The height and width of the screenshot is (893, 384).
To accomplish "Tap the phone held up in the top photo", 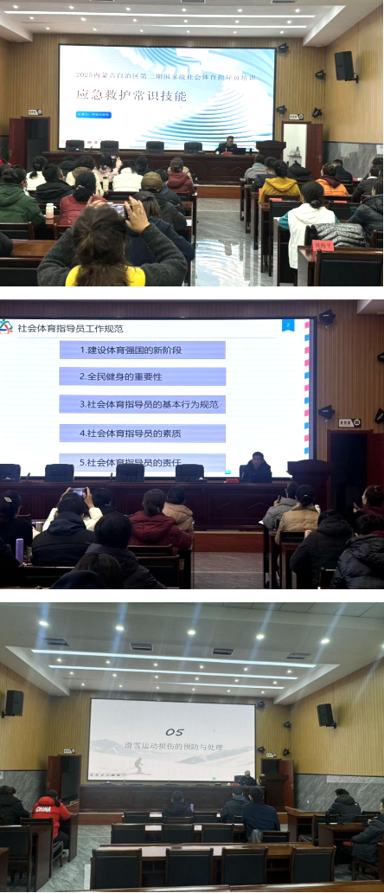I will coord(118,210).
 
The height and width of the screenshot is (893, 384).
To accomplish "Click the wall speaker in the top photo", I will coord(344,66).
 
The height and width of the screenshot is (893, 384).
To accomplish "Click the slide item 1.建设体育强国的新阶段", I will coord(142,350).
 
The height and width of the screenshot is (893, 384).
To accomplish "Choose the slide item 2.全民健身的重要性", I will coord(142,376).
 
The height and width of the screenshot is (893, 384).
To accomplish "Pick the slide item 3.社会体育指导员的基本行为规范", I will coord(142,404).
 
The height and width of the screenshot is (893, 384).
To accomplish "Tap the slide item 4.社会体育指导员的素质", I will coord(142,432).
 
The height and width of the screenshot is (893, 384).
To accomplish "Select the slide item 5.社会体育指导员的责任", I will coord(142,459).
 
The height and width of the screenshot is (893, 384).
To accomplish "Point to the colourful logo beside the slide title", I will coord(7,327).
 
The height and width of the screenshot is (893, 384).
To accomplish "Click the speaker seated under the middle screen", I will coord(256,468).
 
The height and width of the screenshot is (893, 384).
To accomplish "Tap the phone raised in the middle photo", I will coord(80,492).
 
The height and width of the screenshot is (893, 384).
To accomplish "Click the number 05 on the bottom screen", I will coord(174,717).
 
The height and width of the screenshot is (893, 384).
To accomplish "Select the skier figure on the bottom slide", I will coord(138,765).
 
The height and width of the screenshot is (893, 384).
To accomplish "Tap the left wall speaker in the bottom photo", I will coord(14,703).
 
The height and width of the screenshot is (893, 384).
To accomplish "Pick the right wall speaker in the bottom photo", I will coord(325,715).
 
